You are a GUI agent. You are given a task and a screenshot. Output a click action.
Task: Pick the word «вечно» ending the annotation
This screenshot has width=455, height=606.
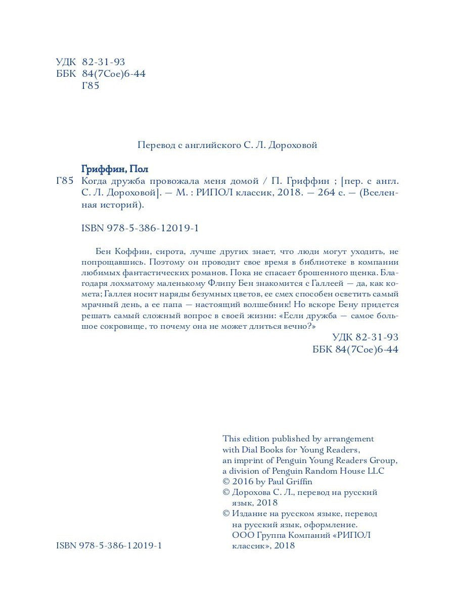click(x=293, y=327)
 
